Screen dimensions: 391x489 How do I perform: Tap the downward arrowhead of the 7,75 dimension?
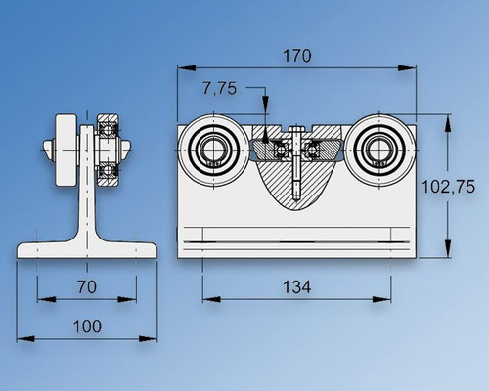coord(265,120)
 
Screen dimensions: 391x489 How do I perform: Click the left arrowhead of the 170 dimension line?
coord(182,68)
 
